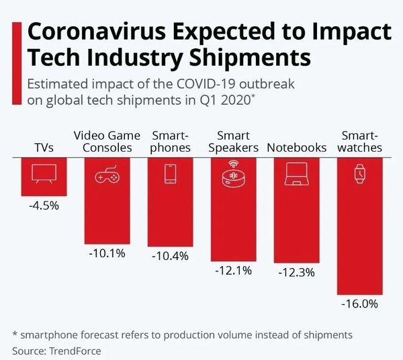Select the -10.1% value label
pos(106,255)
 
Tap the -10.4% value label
pos(170,257)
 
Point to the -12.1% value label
pos(233,271)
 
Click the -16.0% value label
pos(360,304)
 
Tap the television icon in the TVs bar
pos(44,175)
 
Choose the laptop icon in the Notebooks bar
pos(296,175)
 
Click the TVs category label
pos(44,148)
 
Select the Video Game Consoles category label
pos(107,142)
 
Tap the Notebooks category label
pos(296,148)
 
